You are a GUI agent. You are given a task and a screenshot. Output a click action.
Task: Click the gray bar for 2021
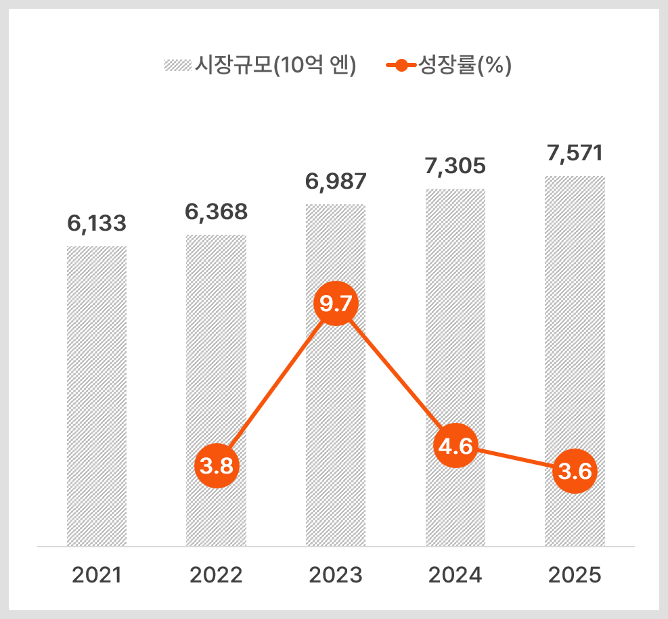(97, 396)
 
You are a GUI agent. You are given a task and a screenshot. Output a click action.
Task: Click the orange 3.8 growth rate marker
(217, 465)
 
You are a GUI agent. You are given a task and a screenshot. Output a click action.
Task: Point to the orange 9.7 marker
(336, 304)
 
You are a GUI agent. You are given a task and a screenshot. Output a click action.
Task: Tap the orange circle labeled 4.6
(455, 446)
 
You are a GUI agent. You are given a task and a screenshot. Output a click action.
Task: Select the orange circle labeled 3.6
(575, 472)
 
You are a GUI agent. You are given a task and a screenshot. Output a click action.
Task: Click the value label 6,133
(97, 223)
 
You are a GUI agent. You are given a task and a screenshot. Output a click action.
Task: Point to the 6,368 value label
(216, 212)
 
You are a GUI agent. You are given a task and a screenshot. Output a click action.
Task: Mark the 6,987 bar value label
(336, 182)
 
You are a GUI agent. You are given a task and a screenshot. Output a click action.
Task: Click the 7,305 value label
(455, 166)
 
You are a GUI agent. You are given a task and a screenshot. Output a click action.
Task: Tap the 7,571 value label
(575, 154)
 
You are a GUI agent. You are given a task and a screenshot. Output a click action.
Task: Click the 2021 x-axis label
(97, 575)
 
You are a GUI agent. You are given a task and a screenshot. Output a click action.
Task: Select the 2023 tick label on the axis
(336, 575)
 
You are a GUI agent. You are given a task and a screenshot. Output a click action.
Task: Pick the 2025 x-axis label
(575, 575)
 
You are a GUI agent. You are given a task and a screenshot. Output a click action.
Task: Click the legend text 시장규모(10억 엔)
(275, 65)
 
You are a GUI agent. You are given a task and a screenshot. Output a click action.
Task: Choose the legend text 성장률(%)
(465, 65)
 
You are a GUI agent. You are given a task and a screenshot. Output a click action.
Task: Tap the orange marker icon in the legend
(401, 66)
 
